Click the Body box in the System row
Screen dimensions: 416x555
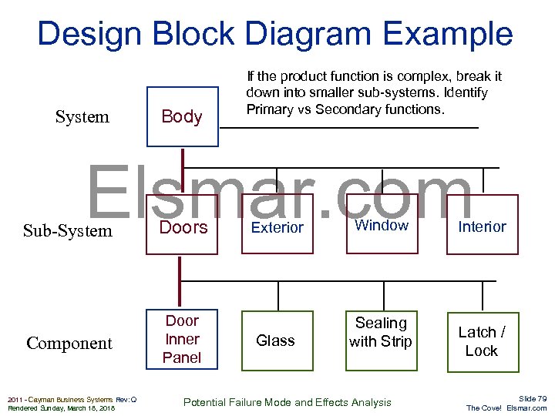[x=182, y=116]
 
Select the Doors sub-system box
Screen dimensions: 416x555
[x=183, y=227]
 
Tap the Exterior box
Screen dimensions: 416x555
[x=277, y=227]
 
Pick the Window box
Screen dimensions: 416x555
[x=381, y=226]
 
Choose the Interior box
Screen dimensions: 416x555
[x=482, y=226]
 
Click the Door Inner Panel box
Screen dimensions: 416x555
[x=183, y=339]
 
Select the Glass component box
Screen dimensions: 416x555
[x=276, y=341]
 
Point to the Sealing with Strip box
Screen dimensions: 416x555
[x=381, y=333]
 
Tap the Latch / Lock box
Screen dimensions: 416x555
[x=482, y=341]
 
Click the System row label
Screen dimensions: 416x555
[x=82, y=117]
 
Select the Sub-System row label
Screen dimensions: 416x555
[x=67, y=231]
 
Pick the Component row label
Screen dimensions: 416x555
[x=69, y=344]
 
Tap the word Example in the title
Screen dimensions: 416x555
[x=452, y=35]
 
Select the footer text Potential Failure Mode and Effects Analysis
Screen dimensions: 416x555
[x=287, y=402]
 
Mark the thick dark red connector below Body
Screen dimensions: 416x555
[x=182, y=169]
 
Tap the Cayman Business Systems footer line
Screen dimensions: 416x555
[x=72, y=399]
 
